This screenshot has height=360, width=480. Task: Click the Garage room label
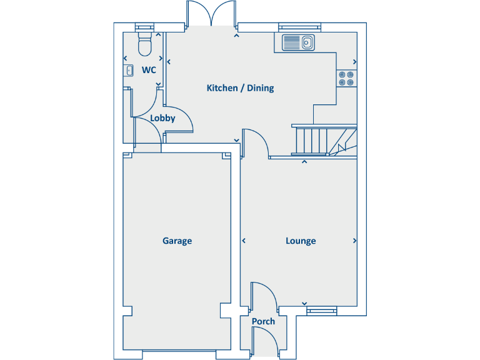177,241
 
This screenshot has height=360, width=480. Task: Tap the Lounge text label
301,241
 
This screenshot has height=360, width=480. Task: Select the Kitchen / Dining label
240,88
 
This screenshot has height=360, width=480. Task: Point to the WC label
148,70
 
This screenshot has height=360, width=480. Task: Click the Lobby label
162,118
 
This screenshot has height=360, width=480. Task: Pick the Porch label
263,322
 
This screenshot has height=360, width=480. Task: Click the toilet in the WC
144,44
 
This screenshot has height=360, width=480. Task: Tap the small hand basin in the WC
129,71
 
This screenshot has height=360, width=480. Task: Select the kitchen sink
298,43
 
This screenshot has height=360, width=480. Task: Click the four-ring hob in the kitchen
346,78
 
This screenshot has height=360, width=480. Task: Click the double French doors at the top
211,14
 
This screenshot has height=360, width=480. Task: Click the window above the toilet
144,27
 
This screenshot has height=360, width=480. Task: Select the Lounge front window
321,309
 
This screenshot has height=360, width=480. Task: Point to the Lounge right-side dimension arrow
355,241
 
